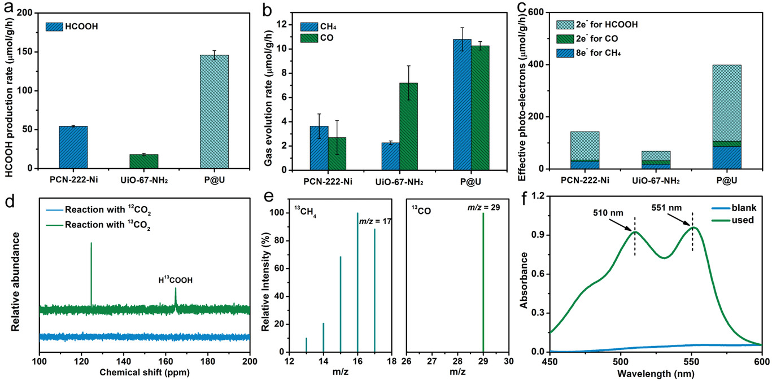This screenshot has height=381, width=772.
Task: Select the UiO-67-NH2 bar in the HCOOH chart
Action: (143, 161)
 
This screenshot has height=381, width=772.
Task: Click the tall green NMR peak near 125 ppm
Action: (91, 274)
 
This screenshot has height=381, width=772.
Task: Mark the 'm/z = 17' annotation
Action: (376, 221)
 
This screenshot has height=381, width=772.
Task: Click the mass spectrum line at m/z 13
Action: (306, 345)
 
